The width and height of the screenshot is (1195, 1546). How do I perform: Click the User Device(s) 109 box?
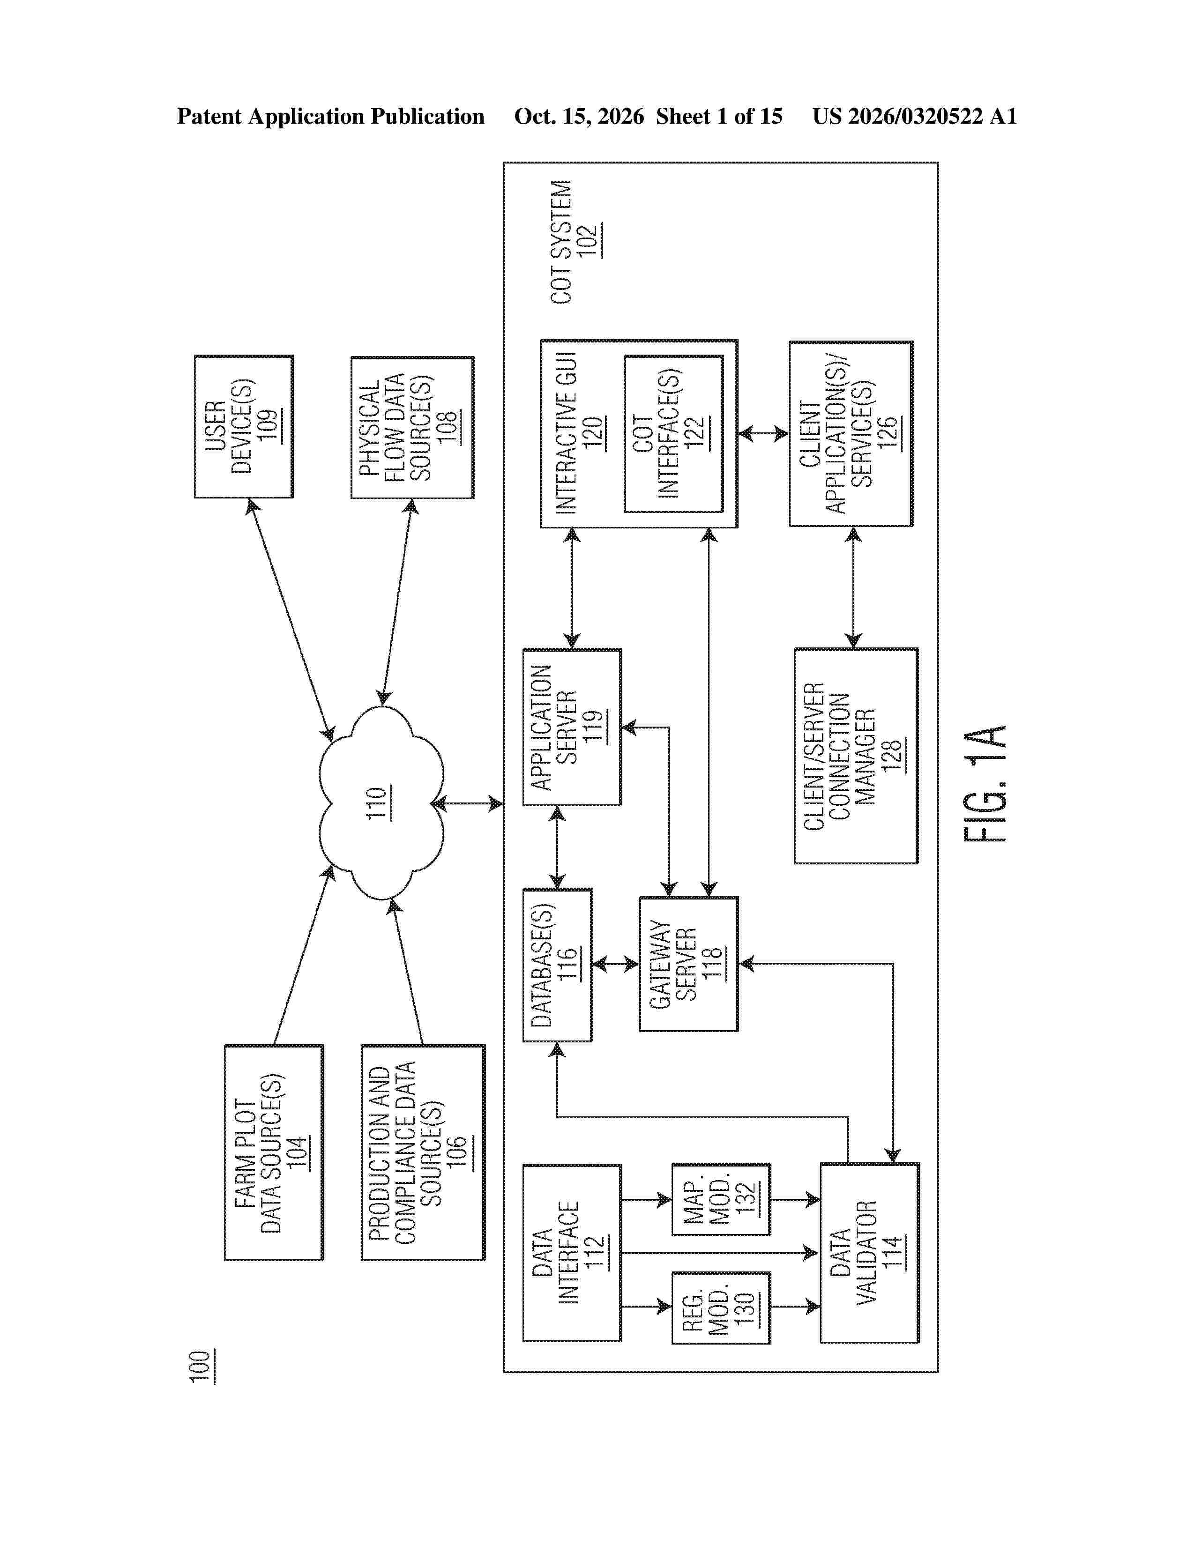pyautogui.click(x=244, y=426)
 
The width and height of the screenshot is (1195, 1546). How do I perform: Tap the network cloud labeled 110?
pyautogui.click(x=381, y=803)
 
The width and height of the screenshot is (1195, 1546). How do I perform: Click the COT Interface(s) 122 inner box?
pyautogui.click(x=674, y=433)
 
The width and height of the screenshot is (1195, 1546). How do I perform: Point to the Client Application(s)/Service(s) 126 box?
pyautogui.click(x=851, y=433)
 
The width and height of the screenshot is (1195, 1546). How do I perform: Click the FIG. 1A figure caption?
pyautogui.click(x=985, y=783)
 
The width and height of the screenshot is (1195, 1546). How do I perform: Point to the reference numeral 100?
pyautogui.click(x=201, y=1367)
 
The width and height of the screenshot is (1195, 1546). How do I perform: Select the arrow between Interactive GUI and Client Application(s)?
pyautogui.click(x=763, y=433)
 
